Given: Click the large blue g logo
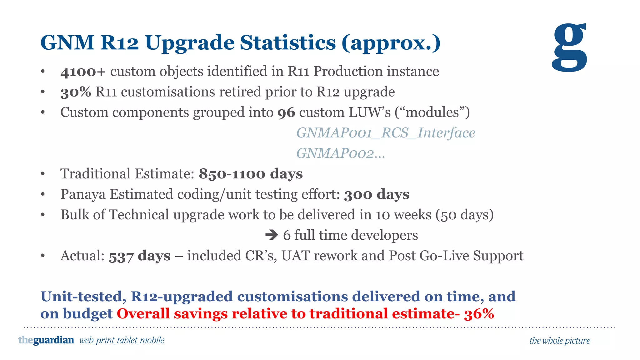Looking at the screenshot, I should point(569,47).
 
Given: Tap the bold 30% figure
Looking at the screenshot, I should point(76,92).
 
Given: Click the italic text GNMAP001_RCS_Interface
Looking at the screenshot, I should point(386,133).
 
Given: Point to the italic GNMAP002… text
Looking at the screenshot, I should point(340,153).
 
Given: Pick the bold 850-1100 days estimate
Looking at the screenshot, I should point(251,174).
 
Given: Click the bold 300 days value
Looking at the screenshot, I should point(377,194).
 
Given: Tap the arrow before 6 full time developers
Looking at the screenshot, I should point(271,235).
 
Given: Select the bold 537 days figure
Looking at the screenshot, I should point(139,256).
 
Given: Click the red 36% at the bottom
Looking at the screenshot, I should point(479,314).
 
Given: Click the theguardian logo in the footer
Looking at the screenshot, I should point(46,340).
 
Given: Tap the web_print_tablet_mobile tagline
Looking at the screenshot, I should point(122,340).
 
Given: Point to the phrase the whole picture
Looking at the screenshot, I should point(559,341).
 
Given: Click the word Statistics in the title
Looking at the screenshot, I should point(287,42).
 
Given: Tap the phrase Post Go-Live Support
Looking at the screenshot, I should point(456,256).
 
